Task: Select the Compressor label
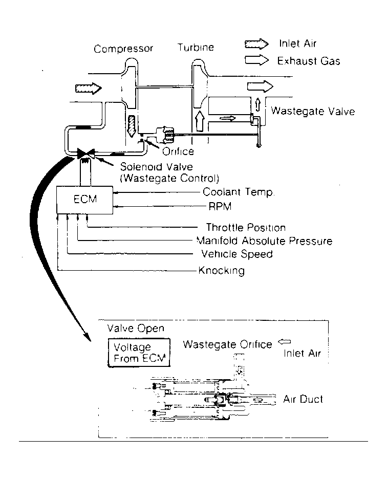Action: click(123, 49)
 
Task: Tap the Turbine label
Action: click(196, 48)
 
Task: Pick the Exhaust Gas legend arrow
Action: click(257, 60)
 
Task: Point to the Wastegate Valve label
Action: click(312, 111)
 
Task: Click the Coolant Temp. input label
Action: click(239, 193)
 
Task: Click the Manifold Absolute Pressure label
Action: click(264, 241)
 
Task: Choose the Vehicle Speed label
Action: click(236, 254)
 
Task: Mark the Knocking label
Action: click(222, 271)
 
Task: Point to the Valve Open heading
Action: click(135, 329)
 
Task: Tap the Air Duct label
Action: click(303, 399)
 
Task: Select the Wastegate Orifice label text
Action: click(227, 344)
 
